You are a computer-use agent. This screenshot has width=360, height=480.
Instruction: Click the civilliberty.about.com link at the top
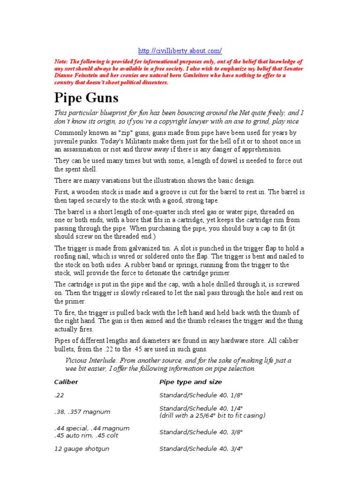[180, 51]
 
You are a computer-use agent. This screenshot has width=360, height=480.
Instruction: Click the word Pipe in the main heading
[69, 98]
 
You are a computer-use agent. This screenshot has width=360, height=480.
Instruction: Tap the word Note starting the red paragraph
[62, 61]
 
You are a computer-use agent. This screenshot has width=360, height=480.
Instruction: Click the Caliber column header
[66, 382]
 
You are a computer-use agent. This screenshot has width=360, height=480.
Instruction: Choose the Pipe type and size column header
[190, 382]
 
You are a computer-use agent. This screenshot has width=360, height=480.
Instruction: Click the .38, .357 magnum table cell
[82, 412]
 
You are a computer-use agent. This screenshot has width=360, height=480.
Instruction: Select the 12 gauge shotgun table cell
[81, 449]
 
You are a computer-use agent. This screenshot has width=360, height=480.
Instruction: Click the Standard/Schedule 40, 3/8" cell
[201, 432]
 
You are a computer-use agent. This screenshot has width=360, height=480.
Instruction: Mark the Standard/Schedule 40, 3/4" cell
[201, 449]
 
